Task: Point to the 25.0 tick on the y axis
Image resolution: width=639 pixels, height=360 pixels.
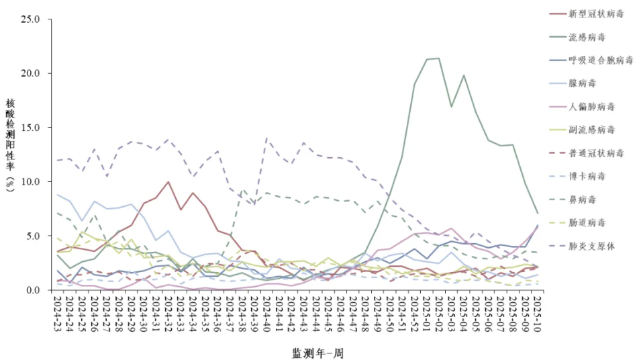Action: tap(32, 19)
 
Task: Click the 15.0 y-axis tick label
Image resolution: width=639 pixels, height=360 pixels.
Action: tap(32, 128)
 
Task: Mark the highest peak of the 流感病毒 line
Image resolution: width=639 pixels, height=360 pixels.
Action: tap(438, 58)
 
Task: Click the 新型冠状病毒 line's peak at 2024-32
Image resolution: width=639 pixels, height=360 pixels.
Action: tap(168, 182)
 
